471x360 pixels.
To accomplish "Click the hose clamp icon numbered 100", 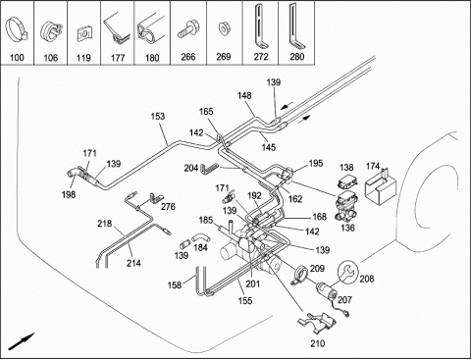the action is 17,31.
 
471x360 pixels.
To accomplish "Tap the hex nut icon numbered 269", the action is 224,28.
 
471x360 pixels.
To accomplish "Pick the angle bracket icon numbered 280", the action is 295,26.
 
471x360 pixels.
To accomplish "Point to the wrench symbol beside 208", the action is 347,271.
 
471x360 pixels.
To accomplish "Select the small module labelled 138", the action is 347,180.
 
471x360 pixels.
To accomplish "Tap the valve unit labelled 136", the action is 346,207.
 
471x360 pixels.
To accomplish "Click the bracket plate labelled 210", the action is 317,323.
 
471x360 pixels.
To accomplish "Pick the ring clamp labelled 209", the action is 300,275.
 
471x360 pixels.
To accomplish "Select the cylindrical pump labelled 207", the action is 327,291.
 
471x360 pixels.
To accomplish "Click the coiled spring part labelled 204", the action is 209,167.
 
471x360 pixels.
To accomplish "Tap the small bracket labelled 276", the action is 156,198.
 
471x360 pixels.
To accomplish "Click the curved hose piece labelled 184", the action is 198,237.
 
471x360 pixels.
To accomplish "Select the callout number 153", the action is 158,117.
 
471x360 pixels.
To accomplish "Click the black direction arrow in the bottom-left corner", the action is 22,341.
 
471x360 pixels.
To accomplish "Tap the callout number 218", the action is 104,224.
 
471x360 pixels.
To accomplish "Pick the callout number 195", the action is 316,163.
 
